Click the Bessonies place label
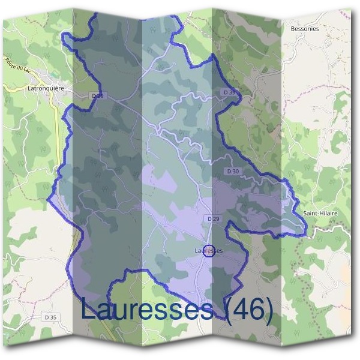(x=306, y=28)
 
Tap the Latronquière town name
(x=46, y=88)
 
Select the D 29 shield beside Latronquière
(x=98, y=95)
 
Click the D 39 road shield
(x=229, y=92)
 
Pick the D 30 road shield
(x=233, y=171)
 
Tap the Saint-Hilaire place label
(x=320, y=213)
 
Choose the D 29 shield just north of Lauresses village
(x=213, y=219)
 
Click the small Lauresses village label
(x=209, y=250)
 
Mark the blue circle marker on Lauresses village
(x=209, y=252)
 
